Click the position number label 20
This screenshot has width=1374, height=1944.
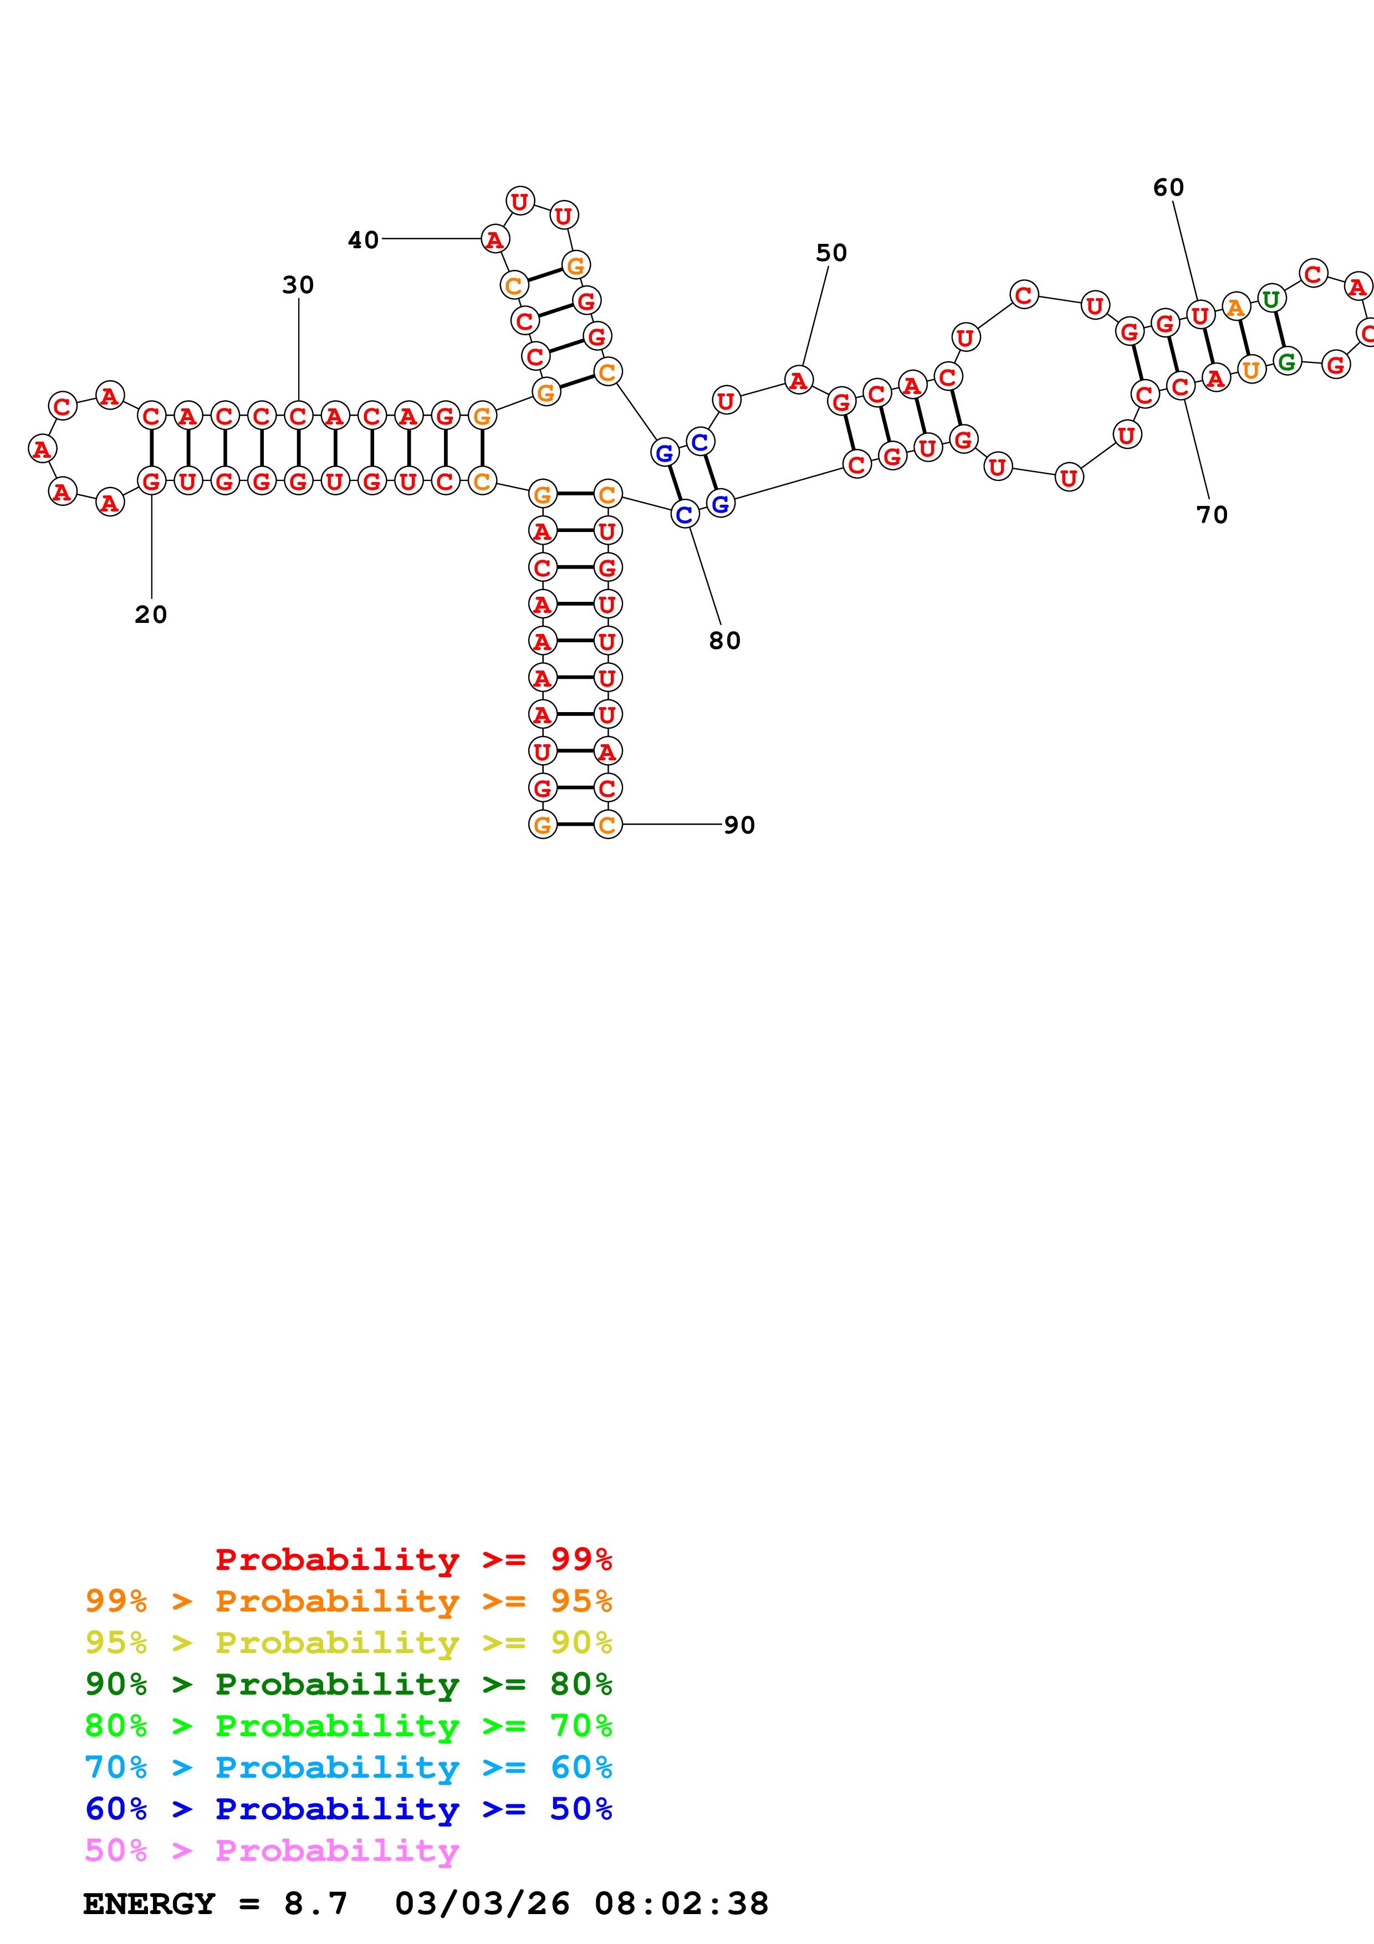pyautogui.click(x=151, y=615)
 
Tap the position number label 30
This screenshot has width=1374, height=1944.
pyautogui.click(x=298, y=285)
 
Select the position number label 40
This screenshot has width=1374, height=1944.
pyautogui.click(x=363, y=241)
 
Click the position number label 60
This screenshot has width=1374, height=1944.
pyautogui.click(x=1168, y=188)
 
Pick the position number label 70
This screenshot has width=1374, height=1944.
pyautogui.click(x=1212, y=515)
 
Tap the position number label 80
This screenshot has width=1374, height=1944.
pyautogui.click(x=724, y=641)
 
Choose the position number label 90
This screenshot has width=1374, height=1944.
pyautogui.click(x=739, y=826)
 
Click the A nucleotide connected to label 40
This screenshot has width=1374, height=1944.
pyautogui.click(x=494, y=239)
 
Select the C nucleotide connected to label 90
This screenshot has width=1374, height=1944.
pyautogui.click(x=607, y=825)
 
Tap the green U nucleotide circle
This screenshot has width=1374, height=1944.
pyautogui.click(x=1271, y=299)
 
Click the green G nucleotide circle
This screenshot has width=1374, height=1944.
pyautogui.click(x=1287, y=362)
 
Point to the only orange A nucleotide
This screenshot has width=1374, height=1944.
pyautogui.click(x=1236, y=308)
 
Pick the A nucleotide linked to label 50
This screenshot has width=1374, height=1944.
pyautogui.click(x=798, y=381)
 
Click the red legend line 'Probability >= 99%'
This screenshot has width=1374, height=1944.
pyautogui.click(x=413, y=1559)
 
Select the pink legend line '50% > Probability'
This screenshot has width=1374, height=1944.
pyautogui.click(x=272, y=1851)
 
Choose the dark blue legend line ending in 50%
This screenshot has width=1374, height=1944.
pyautogui.click(x=349, y=1809)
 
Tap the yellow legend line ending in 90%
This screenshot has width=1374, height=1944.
pyautogui.click(x=349, y=1643)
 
